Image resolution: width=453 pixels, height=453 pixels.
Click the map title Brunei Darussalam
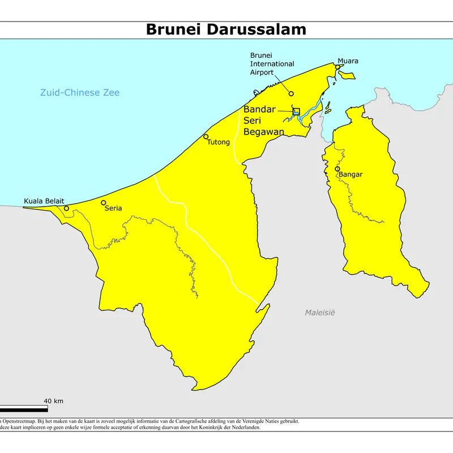pyautogui.click(x=226, y=29)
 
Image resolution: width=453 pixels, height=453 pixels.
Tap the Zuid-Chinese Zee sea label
pyautogui.click(x=80, y=93)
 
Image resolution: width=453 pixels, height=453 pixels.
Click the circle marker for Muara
pyautogui.click(x=337, y=67)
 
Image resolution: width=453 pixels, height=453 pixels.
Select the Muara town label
pyautogui.click(x=348, y=61)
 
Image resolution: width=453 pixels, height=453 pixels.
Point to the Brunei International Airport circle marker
pyautogui.click(x=291, y=94)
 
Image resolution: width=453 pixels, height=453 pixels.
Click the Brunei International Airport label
pyautogui.click(x=270, y=63)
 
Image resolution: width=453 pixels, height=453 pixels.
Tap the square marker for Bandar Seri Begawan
pyautogui.click(x=296, y=112)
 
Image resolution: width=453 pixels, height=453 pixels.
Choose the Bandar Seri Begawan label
pyautogui.click(x=263, y=121)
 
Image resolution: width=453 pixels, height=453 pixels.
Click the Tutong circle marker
pyautogui.click(x=206, y=136)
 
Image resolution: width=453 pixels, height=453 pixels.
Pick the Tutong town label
pyautogui.click(x=219, y=142)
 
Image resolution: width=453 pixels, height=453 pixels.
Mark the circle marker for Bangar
pyautogui.click(x=337, y=169)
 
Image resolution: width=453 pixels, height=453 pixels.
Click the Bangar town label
pyautogui.click(x=351, y=174)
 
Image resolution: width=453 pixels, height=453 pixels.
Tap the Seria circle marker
pyautogui.click(x=103, y=203)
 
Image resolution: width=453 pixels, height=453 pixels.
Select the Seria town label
pyautogui.click(x=113, y=208)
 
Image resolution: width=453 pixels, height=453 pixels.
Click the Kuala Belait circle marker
pyautogui.click(x=66, y=208)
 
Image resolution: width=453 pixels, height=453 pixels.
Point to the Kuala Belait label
pyautogui.click(x=44, y=201)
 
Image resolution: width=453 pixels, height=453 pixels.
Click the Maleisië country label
pyautogui.click(x=320, y=313)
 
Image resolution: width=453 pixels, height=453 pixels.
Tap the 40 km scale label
pyautogui.click(x=53, y=401)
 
